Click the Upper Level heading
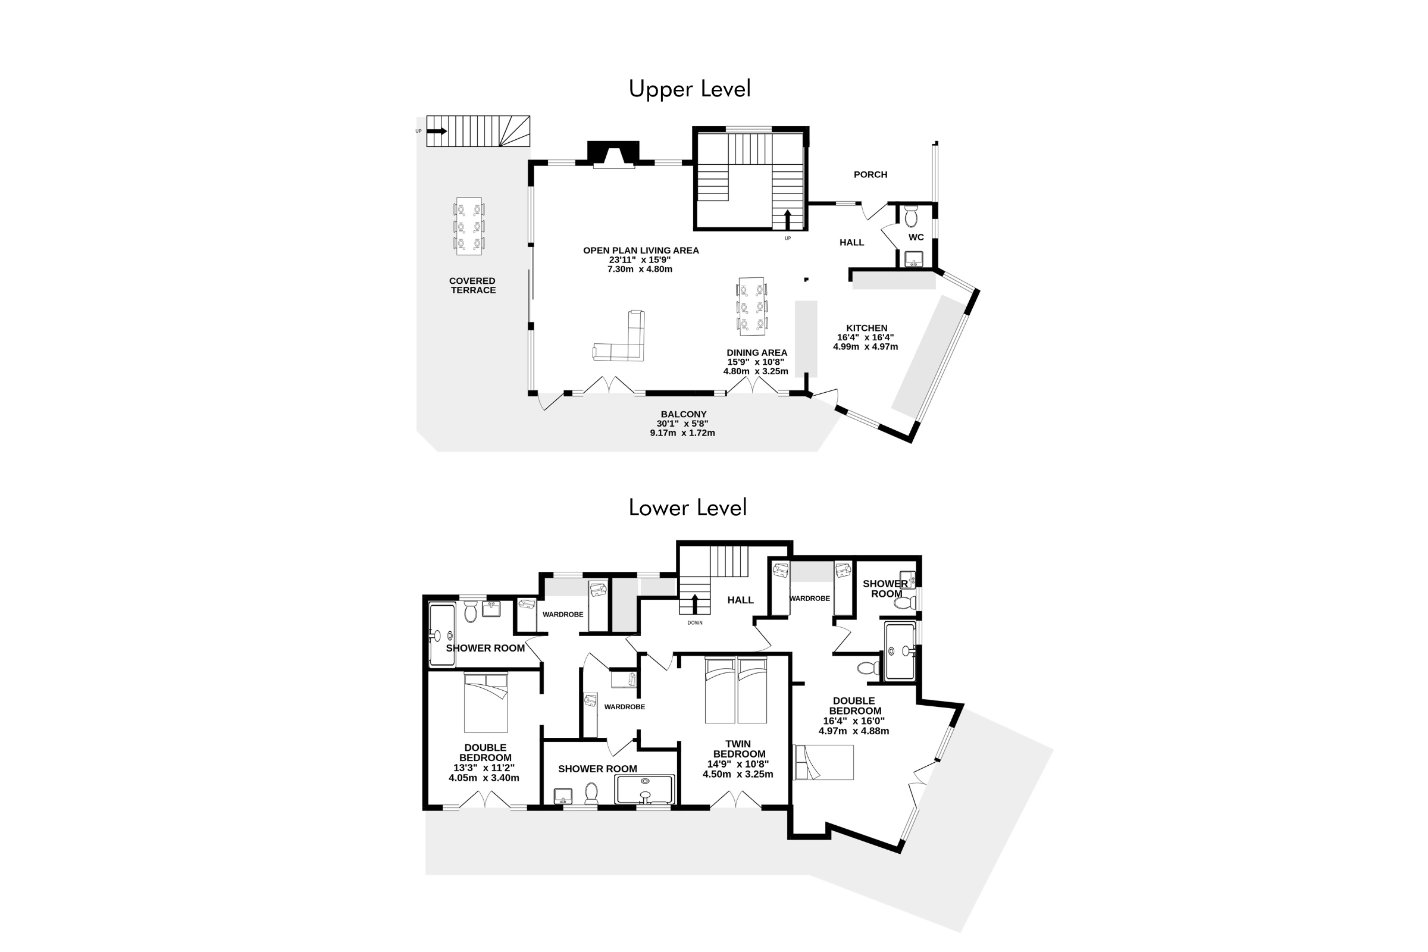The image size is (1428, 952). (x=690, y=89)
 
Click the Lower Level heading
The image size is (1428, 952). (x=688, y=508)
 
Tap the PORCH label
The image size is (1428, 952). (x=870, y=174)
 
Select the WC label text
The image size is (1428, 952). (x=916, y=237)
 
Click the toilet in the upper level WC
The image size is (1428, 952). (x=912, y=216)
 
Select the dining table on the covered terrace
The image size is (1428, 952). (x=469, y=226)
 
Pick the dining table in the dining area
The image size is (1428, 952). (x=751, y=306)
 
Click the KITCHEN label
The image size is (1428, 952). (x=866, y=328)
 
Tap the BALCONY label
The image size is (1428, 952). (x=684, y=414)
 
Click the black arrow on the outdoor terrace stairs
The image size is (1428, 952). (x=437, y=131)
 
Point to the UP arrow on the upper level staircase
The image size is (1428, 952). (x=787, y=220)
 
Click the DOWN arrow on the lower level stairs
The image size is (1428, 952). (x=694, y=604)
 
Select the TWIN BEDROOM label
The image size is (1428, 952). (x=739, y=749)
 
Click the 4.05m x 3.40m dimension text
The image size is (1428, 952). (x=484, y=778)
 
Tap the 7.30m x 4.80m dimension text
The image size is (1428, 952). (x=640, y=269)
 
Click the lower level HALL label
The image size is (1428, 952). (x=741, y=600)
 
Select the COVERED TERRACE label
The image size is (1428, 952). (x=472, y=286)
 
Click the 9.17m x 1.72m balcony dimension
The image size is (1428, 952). (x=682, y=433)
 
